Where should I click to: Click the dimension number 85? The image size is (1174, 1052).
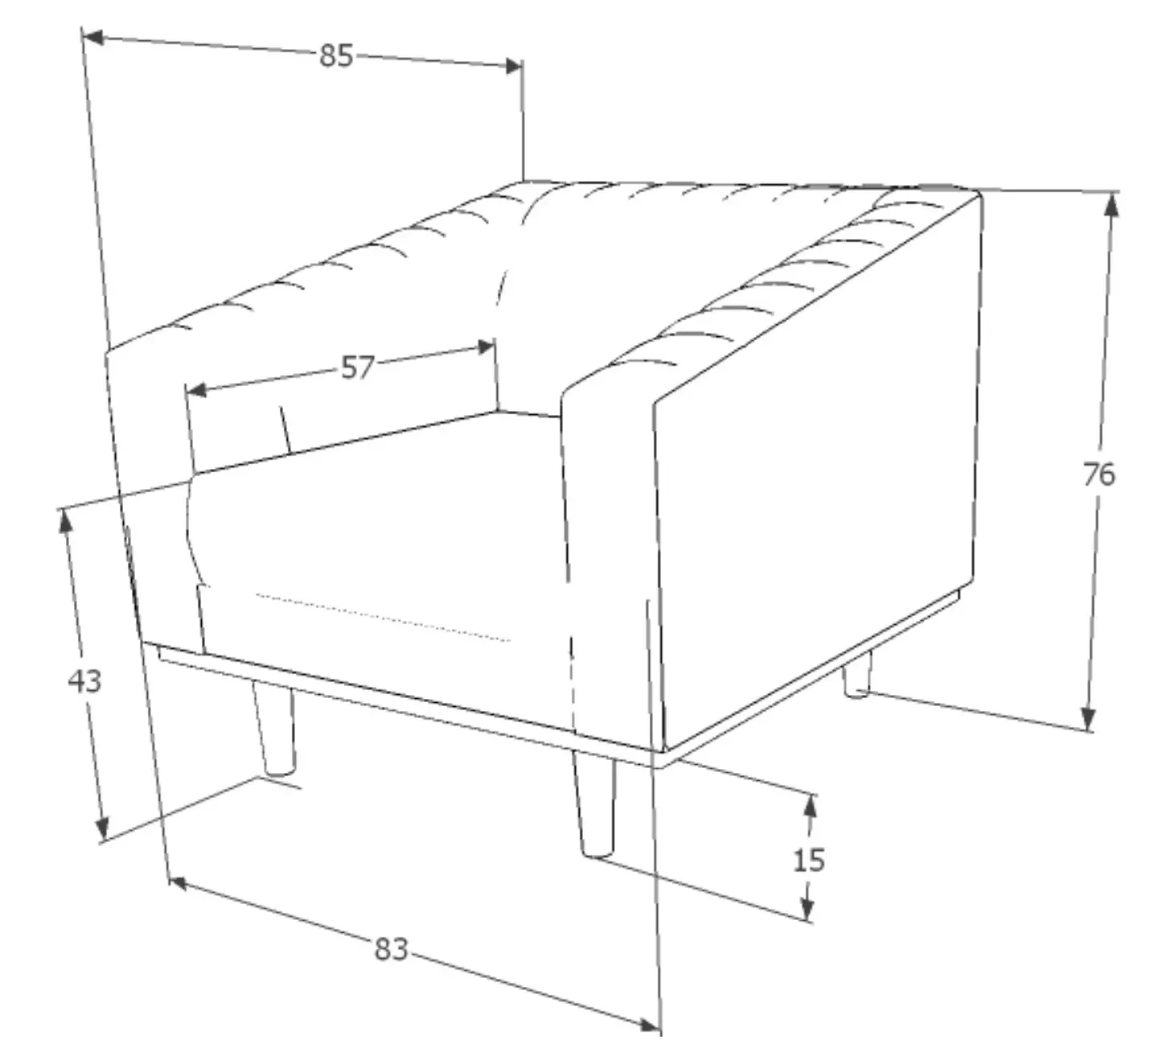click(336, 56)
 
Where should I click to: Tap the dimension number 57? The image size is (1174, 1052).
click(358, 368)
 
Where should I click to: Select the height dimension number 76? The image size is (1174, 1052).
click(1098, 475)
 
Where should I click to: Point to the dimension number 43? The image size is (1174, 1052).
click(84, 680)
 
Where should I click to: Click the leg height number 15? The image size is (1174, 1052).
click(808, 860)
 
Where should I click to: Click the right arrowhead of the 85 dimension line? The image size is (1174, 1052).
click(512, 66)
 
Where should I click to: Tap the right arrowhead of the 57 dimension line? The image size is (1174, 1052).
click(484, 347)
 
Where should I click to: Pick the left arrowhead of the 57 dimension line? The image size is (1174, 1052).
click(197, 391)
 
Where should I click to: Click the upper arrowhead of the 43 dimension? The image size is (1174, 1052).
click(65, 520)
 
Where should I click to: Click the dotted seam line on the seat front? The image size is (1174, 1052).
click(383, 618)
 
